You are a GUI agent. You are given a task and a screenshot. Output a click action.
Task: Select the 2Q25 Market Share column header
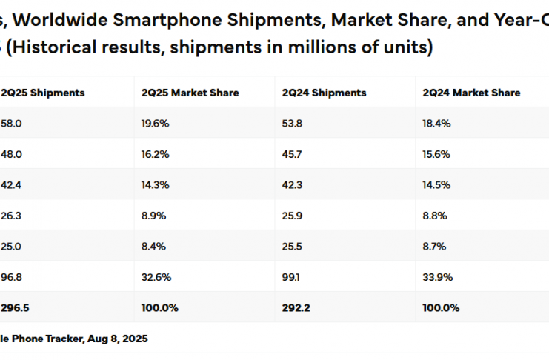tap(190, 93)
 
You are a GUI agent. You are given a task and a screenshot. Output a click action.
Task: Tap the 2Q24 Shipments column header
tap(324, 93)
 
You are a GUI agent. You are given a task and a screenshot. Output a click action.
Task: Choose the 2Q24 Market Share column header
tap(471, 93)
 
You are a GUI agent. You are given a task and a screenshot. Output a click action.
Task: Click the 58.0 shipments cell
tap(12, 124)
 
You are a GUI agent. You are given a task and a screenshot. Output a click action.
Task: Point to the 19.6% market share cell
tap(155, 124)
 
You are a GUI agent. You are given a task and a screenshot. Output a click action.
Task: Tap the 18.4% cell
tap(436, 124)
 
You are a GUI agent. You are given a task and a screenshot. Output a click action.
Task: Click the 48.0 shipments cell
tap(12, 154)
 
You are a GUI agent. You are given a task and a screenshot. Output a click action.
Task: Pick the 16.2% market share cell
tap(155, 154)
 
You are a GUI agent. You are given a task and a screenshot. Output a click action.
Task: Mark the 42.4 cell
tap(12, 185)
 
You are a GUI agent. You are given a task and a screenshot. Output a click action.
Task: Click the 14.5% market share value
tap(436, 185)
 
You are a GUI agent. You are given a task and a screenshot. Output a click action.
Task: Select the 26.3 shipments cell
tap(12, 216)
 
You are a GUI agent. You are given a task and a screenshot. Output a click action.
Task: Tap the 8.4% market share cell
tap(153, 246)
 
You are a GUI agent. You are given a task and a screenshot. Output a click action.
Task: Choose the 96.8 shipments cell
tap(12, 277)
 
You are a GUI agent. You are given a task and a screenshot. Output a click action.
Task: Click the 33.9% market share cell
tap(436, 277)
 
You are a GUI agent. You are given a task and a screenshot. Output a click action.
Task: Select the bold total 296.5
tap(14, 307)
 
